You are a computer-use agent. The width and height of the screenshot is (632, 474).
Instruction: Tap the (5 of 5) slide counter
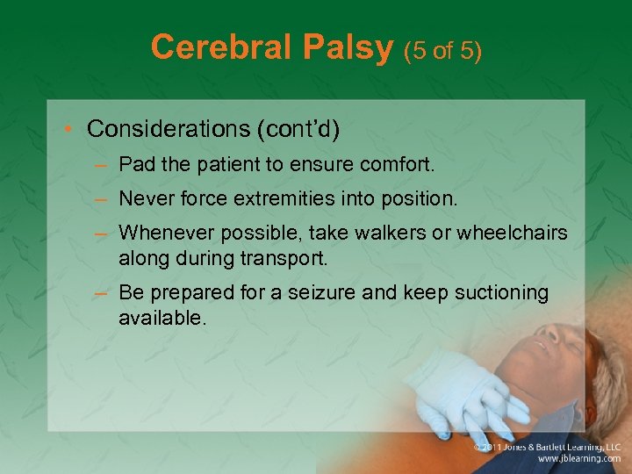click(442, 50)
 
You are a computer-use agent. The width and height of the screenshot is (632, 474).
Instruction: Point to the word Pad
click(136, 164)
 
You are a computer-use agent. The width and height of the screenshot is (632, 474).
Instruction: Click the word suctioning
click(495, 292)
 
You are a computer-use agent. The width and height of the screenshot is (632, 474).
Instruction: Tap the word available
click(162, 316)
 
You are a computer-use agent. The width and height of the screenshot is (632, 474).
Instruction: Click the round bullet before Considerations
click(70, 130)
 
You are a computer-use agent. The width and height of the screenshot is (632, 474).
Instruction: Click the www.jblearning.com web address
click(579, 458)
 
